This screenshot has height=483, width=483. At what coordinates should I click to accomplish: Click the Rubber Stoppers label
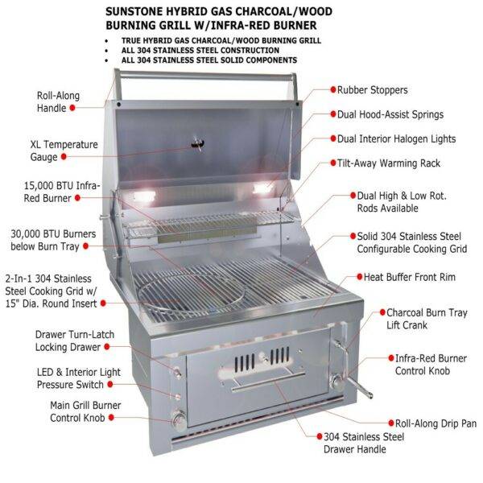[x=372, y=90]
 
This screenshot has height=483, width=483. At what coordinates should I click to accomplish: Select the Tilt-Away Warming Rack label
[x=389, y=163]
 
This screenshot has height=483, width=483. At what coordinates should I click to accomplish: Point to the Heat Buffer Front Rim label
[x=411, y=277]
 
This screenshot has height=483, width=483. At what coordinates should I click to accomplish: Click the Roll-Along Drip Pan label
[x=435, y=423]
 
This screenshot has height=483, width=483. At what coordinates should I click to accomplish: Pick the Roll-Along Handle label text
[x=58, y=101]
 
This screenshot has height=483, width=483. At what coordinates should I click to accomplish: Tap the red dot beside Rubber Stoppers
[x=331, y=90]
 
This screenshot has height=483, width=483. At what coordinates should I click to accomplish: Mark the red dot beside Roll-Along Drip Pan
[x=390, y=423]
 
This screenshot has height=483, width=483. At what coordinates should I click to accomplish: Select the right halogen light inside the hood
[x=262, y=188]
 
